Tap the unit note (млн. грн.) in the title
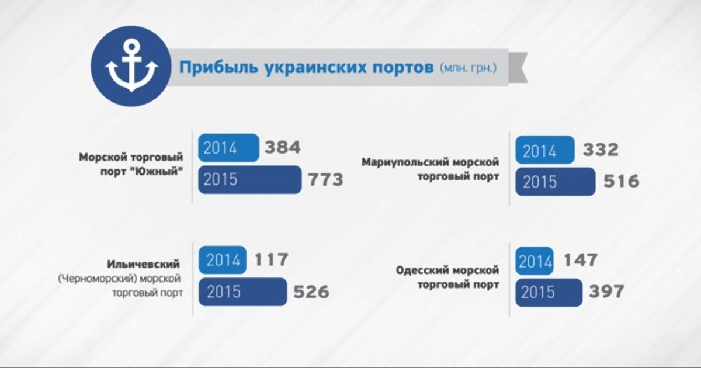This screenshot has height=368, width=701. pos(468,68)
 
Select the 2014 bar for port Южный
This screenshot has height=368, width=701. pos(228,148)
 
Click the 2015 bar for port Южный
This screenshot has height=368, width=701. pos(250,180)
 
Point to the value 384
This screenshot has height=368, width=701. pos(283,147)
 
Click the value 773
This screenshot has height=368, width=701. pos(326,180)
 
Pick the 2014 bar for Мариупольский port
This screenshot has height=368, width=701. pos(545,150)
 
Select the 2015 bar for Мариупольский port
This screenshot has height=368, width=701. pos(556,182)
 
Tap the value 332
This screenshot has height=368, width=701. pos(601,150)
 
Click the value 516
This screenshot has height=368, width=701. pos(621,182)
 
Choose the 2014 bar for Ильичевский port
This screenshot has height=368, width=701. pos(223,260)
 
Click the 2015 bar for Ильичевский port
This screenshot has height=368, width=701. pos(243,292)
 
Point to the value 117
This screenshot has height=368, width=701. pos(271,260)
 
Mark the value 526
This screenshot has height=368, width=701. pos(311,292)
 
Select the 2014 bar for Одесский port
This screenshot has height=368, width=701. pos(534,261)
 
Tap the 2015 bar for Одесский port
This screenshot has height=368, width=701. pos(549,293)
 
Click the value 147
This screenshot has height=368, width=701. pos(581,261)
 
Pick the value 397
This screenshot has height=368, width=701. pos(606,291)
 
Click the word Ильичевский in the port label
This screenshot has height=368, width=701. pos(144,265)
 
